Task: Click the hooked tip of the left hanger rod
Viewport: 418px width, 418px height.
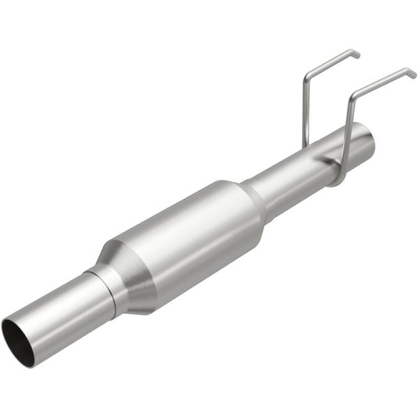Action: [x=355, y=53]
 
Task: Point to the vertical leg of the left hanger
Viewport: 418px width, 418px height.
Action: [x=305, y=111]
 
